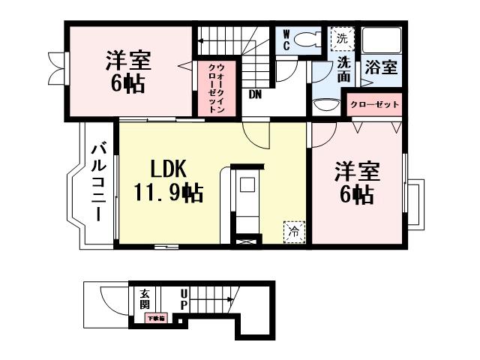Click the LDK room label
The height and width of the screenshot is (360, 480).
(x=166, y=168)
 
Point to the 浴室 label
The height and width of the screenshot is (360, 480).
(x=381, y=67)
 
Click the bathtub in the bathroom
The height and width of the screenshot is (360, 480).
(x=382, y=41)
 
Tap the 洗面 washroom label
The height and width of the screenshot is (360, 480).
(x=344, y=68)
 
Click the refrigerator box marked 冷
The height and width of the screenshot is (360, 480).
(x=294, y=232)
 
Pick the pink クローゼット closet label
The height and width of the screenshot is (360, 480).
(x=373, y=104)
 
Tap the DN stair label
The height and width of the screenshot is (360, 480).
(x=255, y=94)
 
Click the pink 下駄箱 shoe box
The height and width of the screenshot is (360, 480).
(x=156, y=319)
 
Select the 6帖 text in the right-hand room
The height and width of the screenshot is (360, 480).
(x=358, y=196)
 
